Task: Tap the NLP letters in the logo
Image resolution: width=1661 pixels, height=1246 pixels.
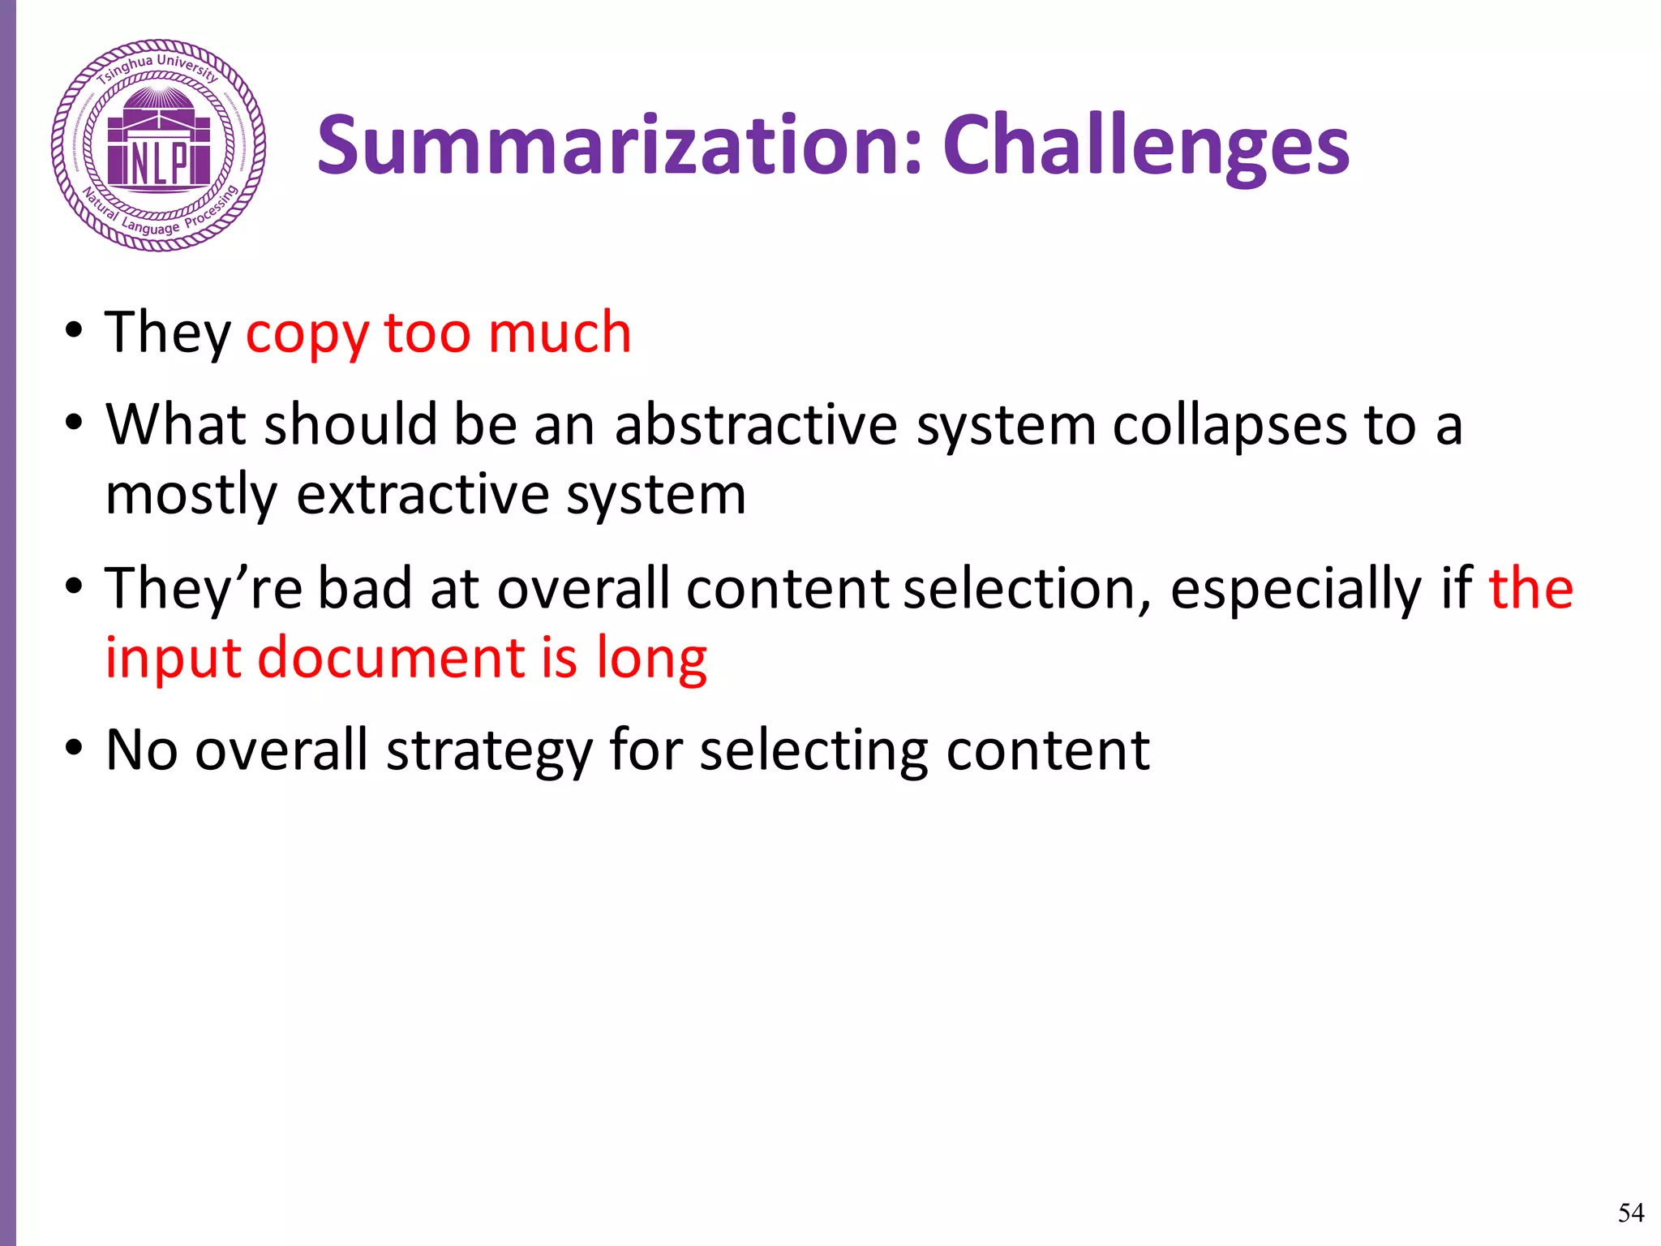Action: click(x=159, y=163)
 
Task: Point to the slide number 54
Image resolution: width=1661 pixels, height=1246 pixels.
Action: click(x=1631, y=1212)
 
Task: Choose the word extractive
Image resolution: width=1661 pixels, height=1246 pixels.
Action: click(x=423, y=495)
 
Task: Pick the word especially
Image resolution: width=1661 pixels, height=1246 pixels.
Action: click(x=1295, y=590)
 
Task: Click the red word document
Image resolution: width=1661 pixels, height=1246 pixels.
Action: click(x=391, y=657)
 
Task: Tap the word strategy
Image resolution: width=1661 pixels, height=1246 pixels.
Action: click(x=490, y=751)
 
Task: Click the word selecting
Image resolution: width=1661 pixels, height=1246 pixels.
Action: click(x=813, y=751)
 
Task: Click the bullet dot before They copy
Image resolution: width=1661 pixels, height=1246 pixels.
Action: click(x=75, y=331)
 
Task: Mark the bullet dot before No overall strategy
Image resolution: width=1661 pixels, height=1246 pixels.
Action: click(x=75, y=748)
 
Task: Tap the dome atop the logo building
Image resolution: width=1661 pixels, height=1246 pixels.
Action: click(x=159, y=101)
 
